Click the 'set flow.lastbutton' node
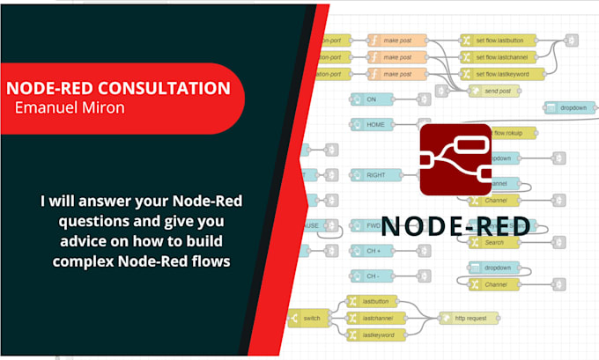coord(499,40)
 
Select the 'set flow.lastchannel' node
coord(499,57)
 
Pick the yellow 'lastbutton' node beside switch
coord(374,301)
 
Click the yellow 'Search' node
coord(495,242)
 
